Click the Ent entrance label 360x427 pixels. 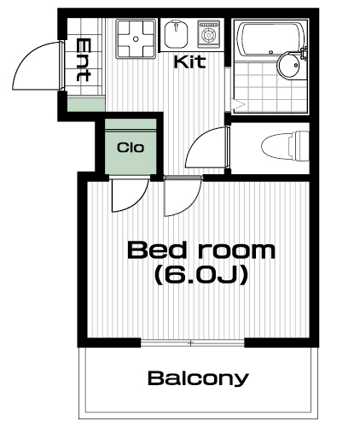tap(84, 60)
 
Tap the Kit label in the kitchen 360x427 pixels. tap(189, 61)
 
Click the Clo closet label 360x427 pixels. tap(131, 148)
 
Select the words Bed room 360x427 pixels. tap(201, 250)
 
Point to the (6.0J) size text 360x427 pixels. tap(201, 275)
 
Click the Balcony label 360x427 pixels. tap(198, 378)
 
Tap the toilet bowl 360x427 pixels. tap(285, 146)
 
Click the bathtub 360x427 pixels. tap(272, 39)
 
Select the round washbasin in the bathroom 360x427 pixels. tap(289, 65)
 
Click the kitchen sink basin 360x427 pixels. tap(177, 35)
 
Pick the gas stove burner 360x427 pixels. tap(209, 34)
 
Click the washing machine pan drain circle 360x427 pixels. tap(136, 38)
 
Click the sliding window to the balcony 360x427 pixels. tap(193, 343)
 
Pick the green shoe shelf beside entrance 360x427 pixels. tap(86, 104)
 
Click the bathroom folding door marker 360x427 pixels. tap(238, 105)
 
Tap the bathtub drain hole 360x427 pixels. tap(271, 52)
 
